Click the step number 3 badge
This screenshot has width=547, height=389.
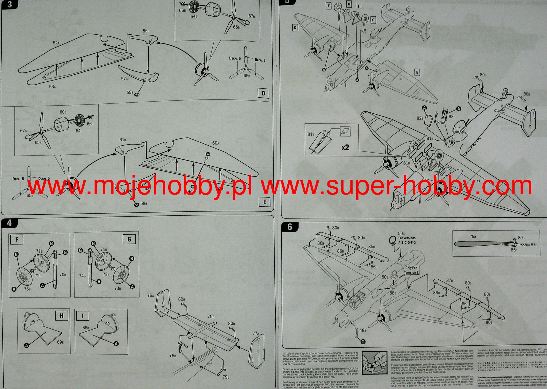coord(9,5)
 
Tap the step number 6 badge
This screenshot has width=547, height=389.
coord(290,227)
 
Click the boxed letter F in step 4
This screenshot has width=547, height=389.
coord(17,239)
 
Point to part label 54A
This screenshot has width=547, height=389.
coord(56,43)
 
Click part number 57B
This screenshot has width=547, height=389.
coord(124,79)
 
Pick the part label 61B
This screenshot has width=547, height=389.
coord(123,140)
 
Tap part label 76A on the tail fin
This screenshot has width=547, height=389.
coord(151,295)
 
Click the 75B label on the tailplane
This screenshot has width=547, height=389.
coord(211,316)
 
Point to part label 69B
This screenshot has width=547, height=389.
coord(60,342)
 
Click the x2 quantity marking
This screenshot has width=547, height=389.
coord(345,147)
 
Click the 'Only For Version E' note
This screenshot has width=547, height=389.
coord(411,270)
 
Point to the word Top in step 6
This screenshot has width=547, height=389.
coord(474,237)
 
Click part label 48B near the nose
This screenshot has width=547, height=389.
coord(362,331)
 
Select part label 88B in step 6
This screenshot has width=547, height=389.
coord(393,293)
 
